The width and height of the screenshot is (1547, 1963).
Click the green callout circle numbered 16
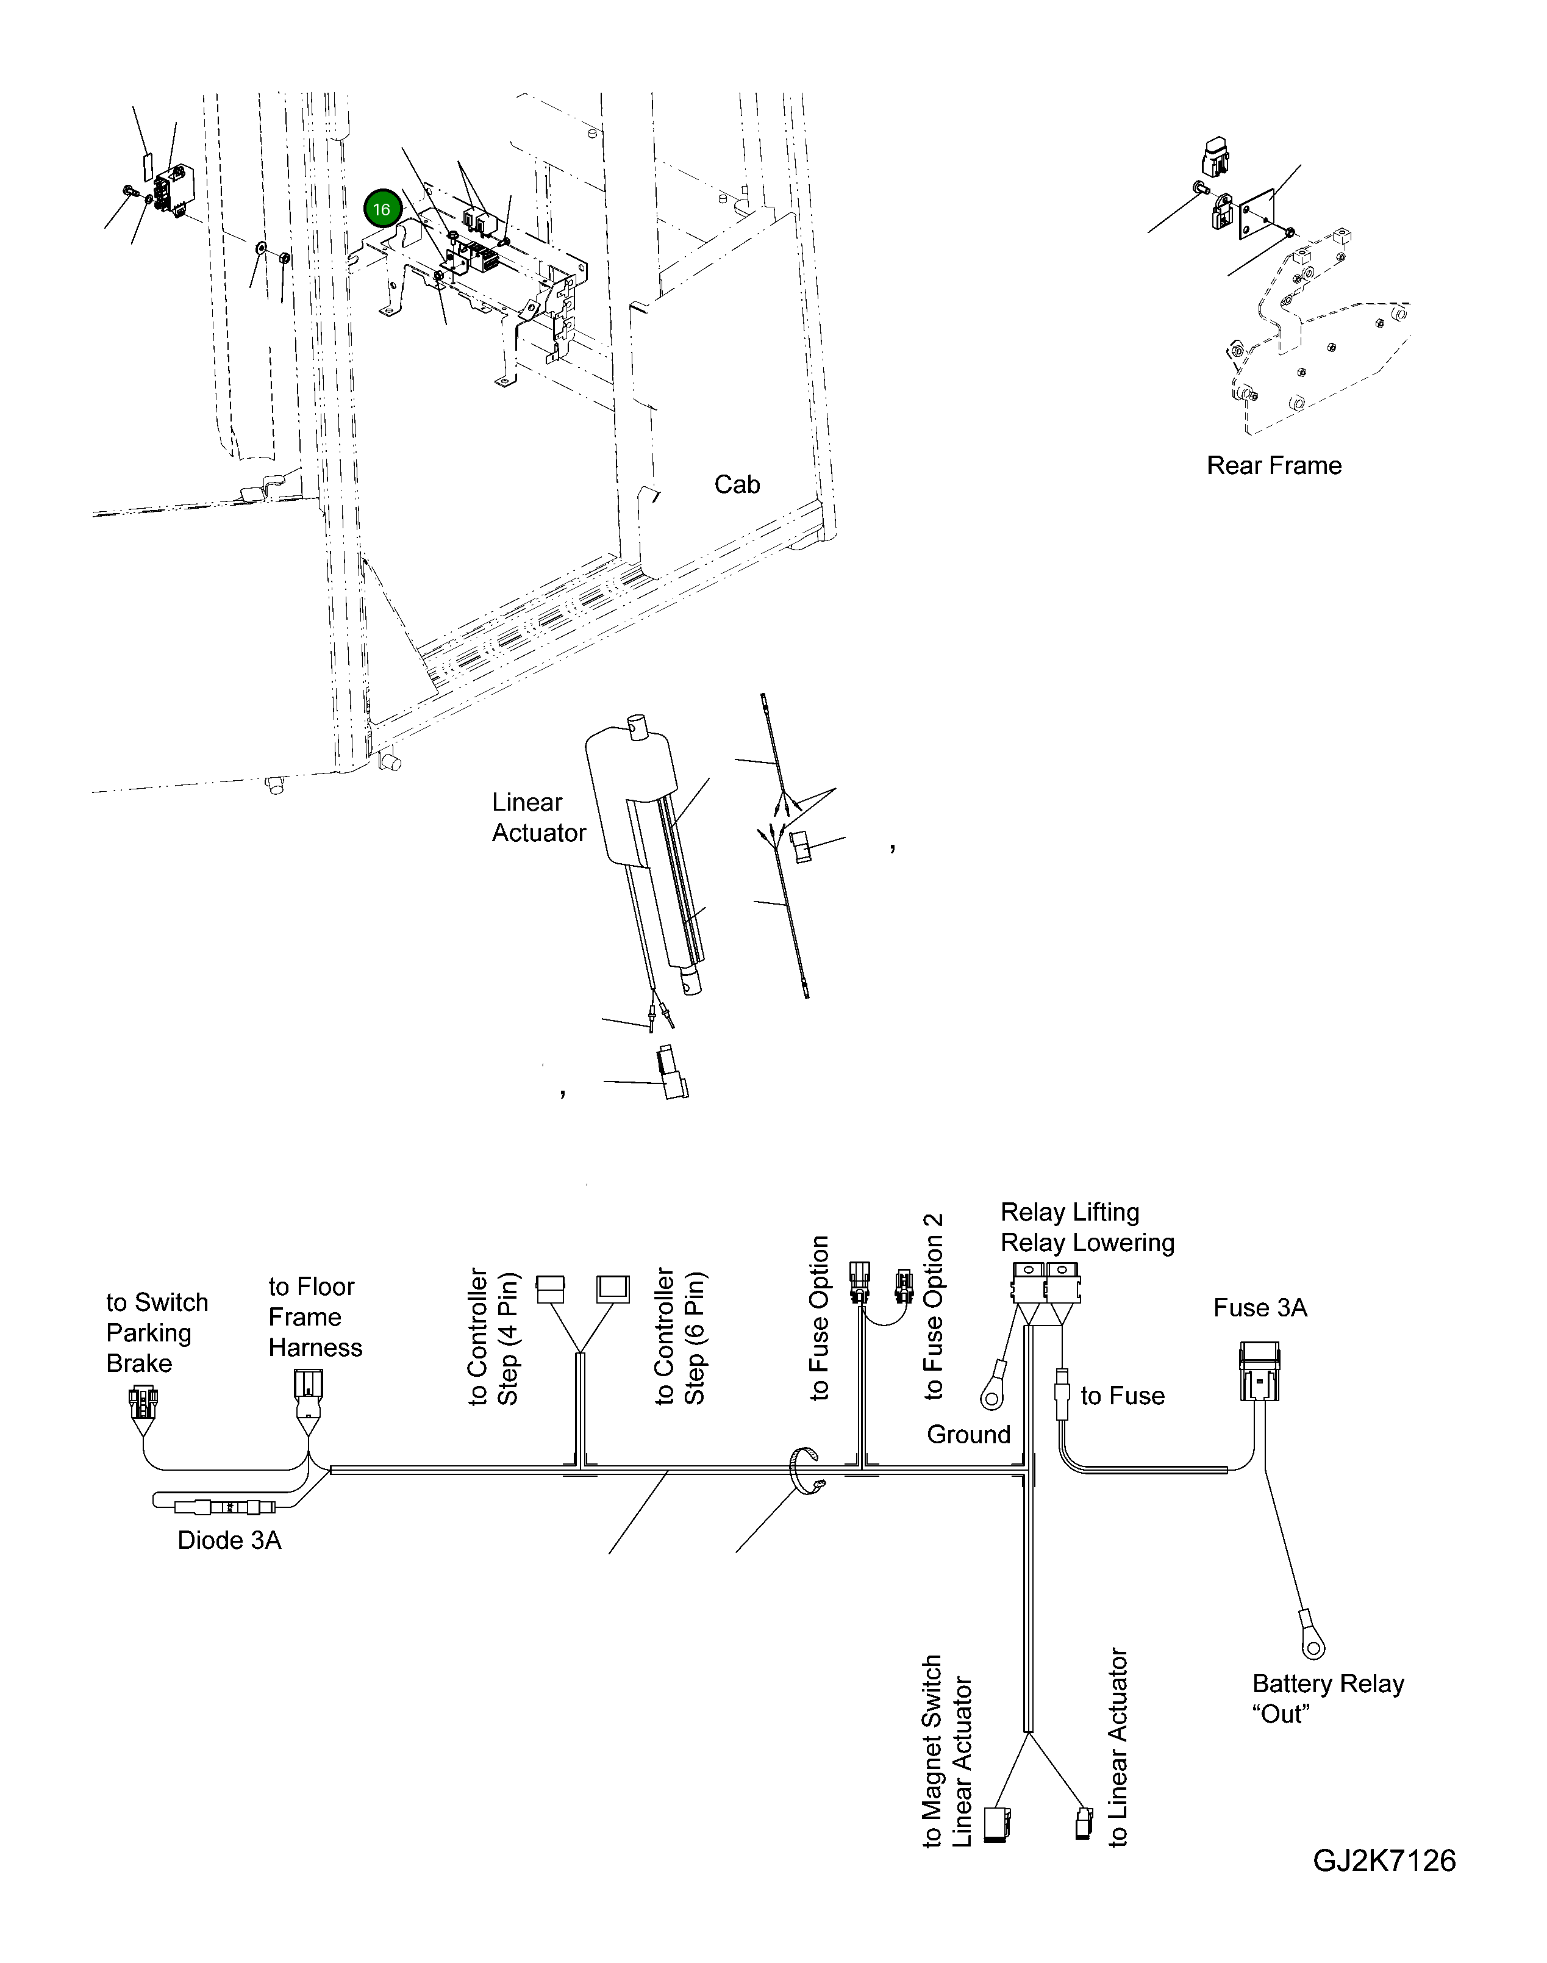pos(381,209)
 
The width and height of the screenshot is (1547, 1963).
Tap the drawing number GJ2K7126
pos(1384,1861)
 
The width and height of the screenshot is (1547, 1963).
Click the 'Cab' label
pos(737,484)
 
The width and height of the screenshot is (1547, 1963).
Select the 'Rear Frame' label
pos(1273,465)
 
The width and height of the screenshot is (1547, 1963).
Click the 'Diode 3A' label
pos(229,1541)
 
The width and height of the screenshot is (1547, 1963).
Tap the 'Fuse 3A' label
pos(1260,1308)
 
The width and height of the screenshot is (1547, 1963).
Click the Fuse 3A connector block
pos(1259,1373)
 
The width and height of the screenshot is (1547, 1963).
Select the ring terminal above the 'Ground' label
pos(993,1398)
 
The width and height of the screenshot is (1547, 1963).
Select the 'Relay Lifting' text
pos(1070,1212)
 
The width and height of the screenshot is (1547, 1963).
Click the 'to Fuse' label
pos(1122,1396)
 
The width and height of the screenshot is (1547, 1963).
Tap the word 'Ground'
pos(968,1435)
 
